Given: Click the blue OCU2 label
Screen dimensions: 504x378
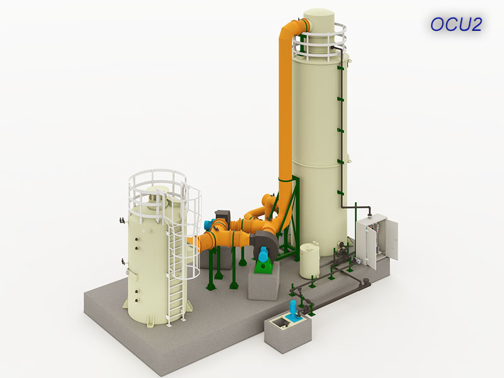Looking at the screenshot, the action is pyautogui.click(x=456, y=25).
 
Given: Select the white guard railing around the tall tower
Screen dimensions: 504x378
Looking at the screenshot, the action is pyautogui.click(x=321, y=42).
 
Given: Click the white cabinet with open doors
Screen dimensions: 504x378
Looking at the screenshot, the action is pyautogui.click(x=377, y=241).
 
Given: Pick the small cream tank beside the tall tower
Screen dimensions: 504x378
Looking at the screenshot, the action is pyautogui.click(x=310, y=260).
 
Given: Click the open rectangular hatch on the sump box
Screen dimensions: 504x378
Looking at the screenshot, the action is pyautogui.click(x=278, y=323).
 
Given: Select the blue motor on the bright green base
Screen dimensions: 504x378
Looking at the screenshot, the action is pyautogui.click(x=264, y=254).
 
